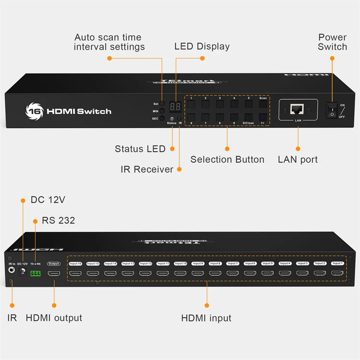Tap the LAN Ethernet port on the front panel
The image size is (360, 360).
coord(298,108)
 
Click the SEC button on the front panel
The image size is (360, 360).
coord(162,118)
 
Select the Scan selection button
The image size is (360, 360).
coord(263,104)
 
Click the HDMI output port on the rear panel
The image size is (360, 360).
coord(54,274)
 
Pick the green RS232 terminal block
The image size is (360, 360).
coord(36,273)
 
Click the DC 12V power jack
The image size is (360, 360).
coord(22,272)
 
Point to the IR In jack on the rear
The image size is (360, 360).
coord(12,270)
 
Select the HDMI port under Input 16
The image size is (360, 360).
coord(75,274)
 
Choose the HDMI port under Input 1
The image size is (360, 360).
coord(337,274)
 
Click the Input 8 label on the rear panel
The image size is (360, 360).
coord(215,264)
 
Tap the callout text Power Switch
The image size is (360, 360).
coord(332,42)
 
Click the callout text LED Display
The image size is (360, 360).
coord(202,47)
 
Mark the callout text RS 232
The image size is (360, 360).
coord(59,220)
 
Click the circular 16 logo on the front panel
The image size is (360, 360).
coord(33,111)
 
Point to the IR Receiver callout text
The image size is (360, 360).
coord(147,169)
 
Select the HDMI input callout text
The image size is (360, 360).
coord(206,318)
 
